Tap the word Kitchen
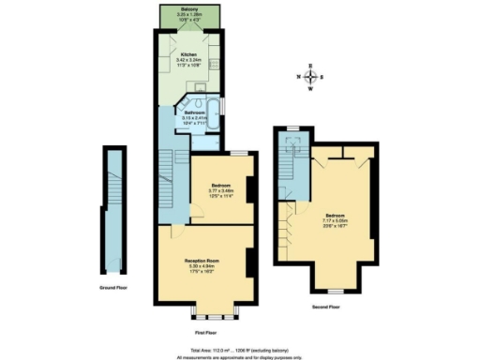point(188,54)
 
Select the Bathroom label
point(194,112)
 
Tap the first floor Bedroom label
point(220,185)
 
